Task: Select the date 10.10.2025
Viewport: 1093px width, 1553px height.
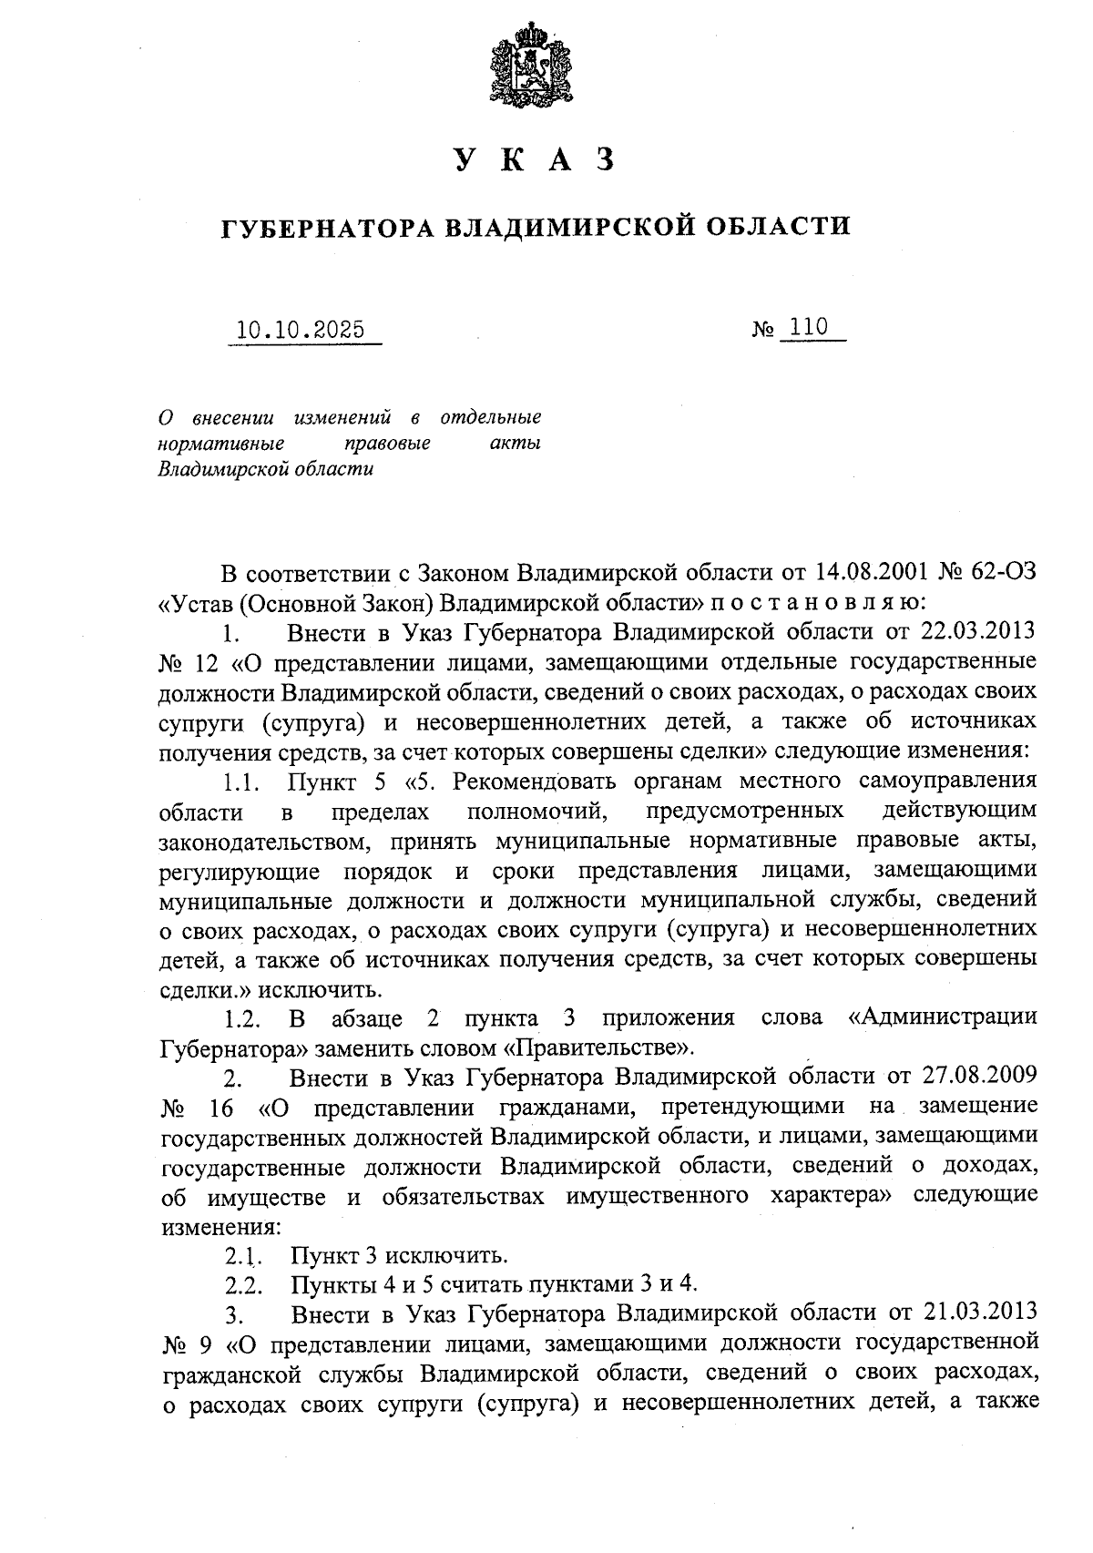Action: (x=301, y=329)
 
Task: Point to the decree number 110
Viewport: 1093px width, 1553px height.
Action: (x=809, y=327)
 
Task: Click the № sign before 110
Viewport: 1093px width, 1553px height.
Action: (x=763, y=329)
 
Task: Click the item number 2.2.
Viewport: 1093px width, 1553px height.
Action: (x=244, y=1284)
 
